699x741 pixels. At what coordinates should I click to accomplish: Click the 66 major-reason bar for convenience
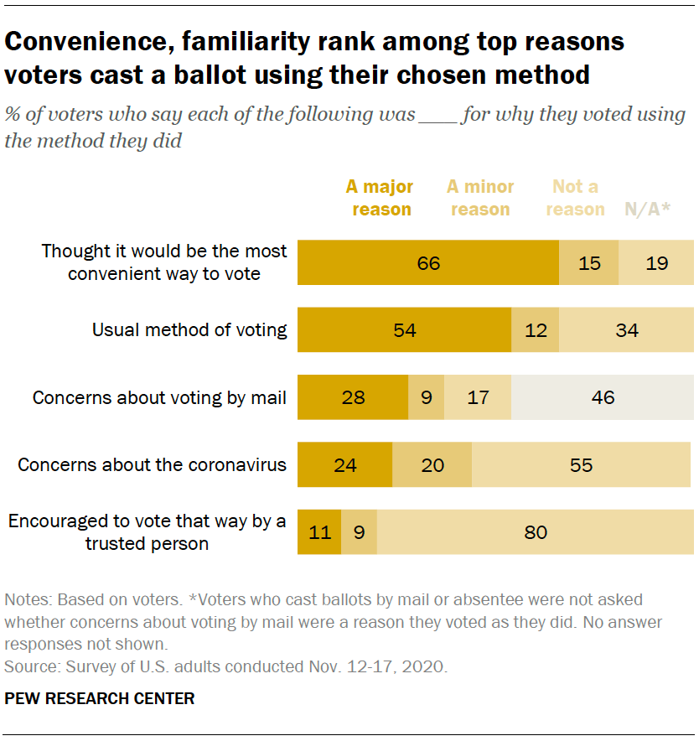428,263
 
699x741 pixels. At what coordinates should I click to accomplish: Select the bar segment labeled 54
405,330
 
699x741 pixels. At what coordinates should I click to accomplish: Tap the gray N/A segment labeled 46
602,397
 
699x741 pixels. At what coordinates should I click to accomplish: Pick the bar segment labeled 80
535,531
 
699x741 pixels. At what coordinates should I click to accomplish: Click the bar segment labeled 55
581,464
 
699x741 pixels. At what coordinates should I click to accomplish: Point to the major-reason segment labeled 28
353,397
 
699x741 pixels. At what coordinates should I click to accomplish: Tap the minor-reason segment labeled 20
432,464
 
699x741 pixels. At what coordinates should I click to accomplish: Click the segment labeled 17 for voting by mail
477,397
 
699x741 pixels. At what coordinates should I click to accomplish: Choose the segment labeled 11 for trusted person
319,531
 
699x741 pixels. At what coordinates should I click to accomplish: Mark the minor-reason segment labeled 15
589,263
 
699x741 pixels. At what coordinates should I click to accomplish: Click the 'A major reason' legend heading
381,198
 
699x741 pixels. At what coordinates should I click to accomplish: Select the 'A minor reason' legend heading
480,198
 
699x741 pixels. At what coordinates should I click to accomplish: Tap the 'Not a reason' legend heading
575,198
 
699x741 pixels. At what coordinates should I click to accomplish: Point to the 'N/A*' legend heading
648,210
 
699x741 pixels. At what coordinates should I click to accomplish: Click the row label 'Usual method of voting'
189,330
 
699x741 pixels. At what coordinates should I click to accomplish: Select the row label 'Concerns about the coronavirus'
152,464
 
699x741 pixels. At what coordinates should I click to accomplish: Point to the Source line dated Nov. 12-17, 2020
226,667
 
